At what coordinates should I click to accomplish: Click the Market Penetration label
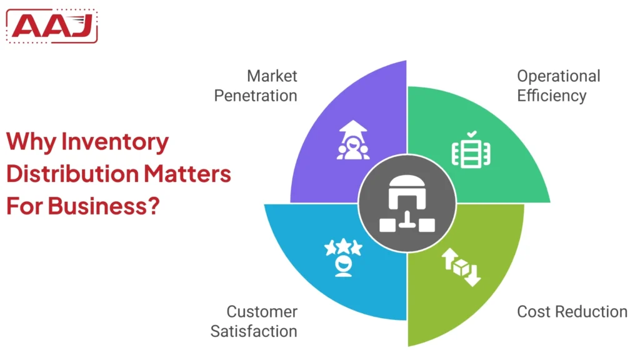pyautogui.click(x=256, y=86)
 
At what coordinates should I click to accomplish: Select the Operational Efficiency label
pyautogui.click(x=558, y=86)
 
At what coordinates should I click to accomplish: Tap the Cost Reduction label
pyautogui.click(x=572, y=311)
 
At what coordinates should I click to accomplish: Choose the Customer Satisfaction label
pyautogui.click(x=254, y=321)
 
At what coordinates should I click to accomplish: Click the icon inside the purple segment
pyautogui.click(x=353, y=141)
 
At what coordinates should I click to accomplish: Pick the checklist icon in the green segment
pyautogui.click(x=471, y=151)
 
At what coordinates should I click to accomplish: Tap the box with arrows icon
pyautogui.click(x=461, y=267)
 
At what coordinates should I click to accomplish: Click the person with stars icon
pyautogui.click(x=343, y=257)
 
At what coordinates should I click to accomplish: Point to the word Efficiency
pyautogui.click(x=552, y=96)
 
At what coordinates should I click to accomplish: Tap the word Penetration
pyautogui.click(x=256, y=96)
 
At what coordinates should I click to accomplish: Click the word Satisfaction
pyautogui.click(x=254, y=331)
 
